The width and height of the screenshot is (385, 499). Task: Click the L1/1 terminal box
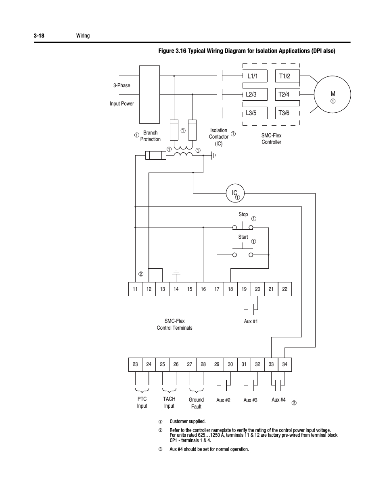pyautogui.click(x=255, y=76)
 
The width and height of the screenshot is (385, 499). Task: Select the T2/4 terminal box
pyautogui.click(x=287, y=95)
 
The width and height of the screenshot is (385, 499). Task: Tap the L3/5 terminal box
pyautogui.click(x=255, y=113)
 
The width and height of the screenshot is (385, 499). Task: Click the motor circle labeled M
pyautogui.click(x=333, y=95)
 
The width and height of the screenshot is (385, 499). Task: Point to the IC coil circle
pyautogui.click(x=235, y=194)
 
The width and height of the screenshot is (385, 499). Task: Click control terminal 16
pyautogui.click(x=203, y=289)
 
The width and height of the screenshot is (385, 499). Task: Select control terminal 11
pyautogui.click(x=135, y=289)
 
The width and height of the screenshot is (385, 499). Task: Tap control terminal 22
pyautogui.click(x=285, y=289)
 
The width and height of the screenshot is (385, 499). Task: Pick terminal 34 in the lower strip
pyautogui.click(x=285, y=364)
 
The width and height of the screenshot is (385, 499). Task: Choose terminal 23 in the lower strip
pyautogui.click(x=135, y=364)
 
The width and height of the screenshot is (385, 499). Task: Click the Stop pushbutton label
pyautogui.click(x=243, y=215)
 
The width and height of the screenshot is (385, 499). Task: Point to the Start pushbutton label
pyautogui.click(x=243, y=237)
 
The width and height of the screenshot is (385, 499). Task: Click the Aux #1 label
pyautogui.click(x=251, y=322)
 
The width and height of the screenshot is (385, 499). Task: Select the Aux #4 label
pyautogui.click(x=278, y=400)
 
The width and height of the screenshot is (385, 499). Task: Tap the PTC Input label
pyautogui.click(x=142, y=402)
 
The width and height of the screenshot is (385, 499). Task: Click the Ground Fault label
pyautogui.click(x=196, y=403)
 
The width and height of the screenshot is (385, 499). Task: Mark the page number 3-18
pyautogui.click(x=39, y=36)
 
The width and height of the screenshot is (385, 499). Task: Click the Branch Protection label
pyautogui.click(x=150, y=136)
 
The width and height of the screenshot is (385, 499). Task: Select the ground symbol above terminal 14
pyautogui.click(x=176, y=273)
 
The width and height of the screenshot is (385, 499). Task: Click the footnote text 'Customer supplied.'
pyautogui.click(x=187, y=421)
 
